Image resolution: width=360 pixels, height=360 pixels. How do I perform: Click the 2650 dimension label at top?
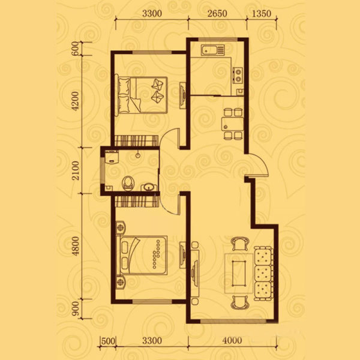217,14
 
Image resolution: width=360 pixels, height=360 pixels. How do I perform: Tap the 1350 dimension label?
262,14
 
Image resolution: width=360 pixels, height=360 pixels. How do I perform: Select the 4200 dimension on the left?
75,101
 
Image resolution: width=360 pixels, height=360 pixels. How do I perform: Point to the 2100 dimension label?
75,170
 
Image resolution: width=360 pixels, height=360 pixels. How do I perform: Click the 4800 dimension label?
75,247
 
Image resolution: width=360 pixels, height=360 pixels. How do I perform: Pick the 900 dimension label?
75,308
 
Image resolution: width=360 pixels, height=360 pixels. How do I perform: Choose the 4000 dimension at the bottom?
232,340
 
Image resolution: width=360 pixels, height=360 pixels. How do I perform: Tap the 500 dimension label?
108,341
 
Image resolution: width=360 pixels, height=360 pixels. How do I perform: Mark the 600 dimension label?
75,49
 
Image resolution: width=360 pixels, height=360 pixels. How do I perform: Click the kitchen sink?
213,50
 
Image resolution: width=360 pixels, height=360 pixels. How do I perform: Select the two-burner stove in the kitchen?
238,76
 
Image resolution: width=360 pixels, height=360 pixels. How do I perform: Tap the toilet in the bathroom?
128,183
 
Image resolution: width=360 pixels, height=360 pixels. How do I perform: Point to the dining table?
232,124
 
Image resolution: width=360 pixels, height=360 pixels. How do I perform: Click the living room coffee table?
239,273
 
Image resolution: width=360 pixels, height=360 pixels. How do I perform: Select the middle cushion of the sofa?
263,273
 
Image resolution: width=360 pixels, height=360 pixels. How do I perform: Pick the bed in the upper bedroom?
141,95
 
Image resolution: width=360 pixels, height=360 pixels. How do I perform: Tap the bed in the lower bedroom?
142,255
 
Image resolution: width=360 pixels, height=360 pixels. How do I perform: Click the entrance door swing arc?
262,163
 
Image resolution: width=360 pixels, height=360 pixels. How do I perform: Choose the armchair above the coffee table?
240,244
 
